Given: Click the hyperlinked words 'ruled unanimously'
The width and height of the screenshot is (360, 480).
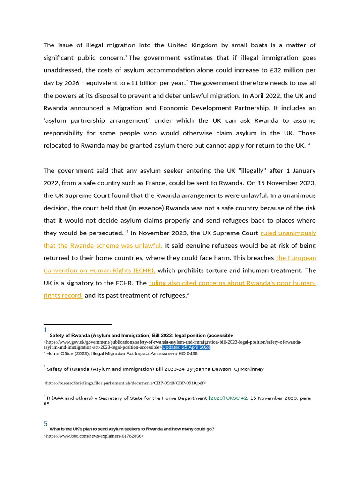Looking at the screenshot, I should click(x=288, y=233).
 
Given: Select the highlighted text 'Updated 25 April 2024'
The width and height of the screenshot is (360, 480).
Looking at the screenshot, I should click(x=186, y=348).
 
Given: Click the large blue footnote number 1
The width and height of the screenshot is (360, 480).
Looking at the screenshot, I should click(x=45, y=330).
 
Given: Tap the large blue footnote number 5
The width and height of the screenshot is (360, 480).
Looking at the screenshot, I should click(x=45, y=424).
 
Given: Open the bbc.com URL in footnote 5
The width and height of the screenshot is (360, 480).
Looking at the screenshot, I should click(x=93, y=436).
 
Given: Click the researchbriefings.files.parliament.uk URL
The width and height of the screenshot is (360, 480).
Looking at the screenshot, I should click(x=125, y=383).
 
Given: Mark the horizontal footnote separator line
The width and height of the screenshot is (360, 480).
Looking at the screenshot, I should click(x=78, y=324).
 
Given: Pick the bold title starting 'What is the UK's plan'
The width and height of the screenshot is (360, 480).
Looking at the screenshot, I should click(x=132, y=429).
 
